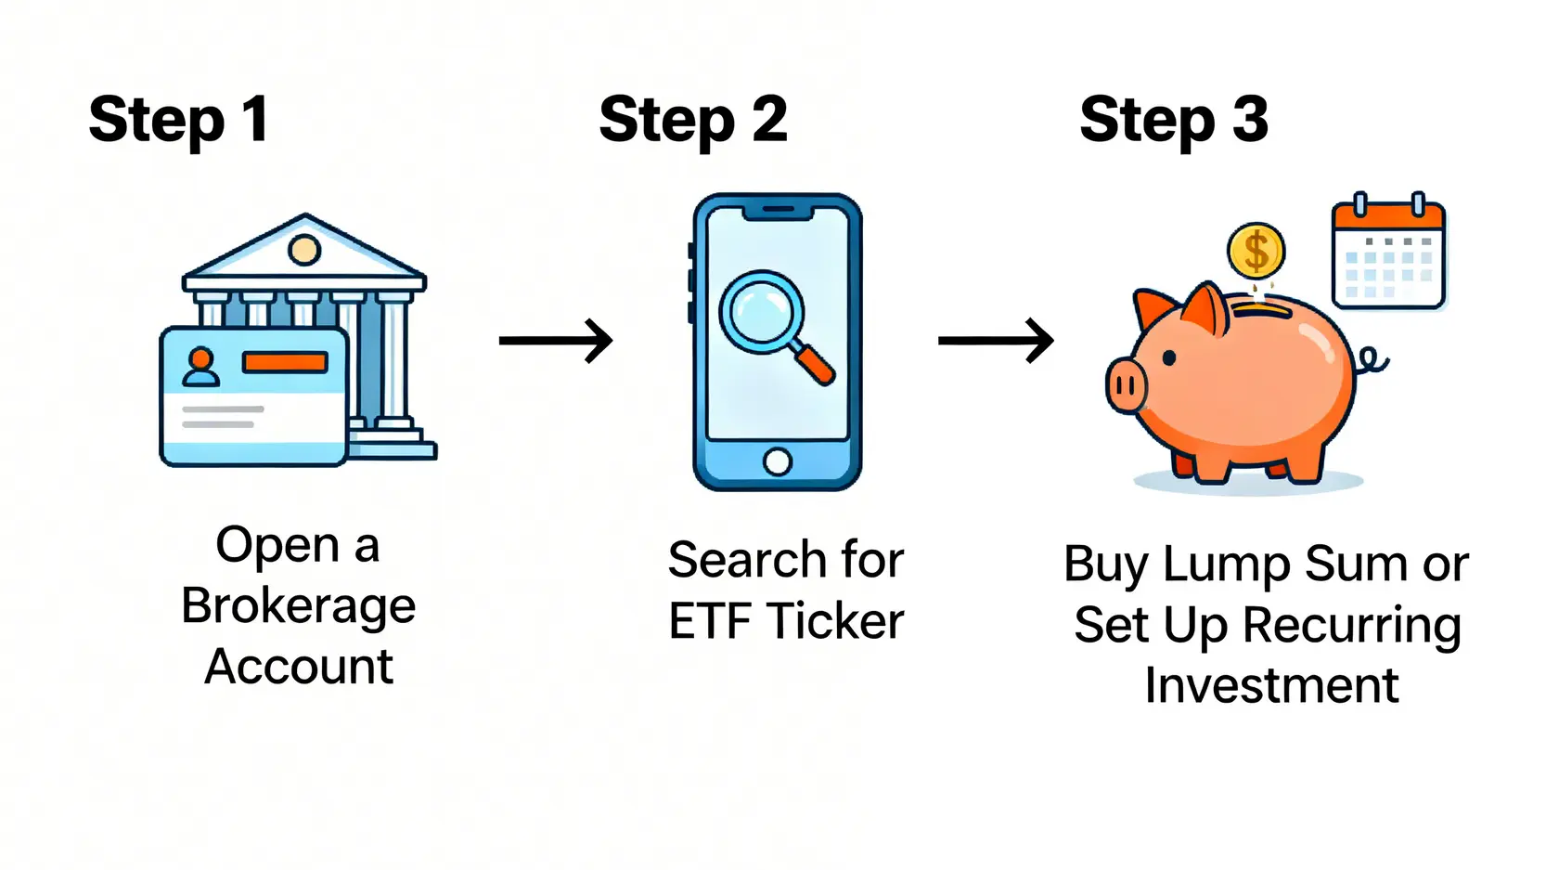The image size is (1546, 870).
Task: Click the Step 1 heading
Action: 179,120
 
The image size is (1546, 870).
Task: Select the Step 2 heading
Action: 693,120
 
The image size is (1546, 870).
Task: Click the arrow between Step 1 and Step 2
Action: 556,340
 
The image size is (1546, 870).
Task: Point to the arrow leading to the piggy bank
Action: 995,340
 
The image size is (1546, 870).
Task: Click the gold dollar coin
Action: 1256,252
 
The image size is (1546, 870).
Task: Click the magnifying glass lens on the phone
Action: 762,312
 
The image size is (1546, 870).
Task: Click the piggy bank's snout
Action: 1127,385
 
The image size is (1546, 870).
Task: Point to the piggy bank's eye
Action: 1169,357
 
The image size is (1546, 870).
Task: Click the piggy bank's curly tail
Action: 1372,360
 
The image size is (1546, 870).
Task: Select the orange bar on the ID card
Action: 284,362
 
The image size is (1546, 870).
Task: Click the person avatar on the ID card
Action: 200,368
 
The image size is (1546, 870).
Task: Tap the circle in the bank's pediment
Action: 304,249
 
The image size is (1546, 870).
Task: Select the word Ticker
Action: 835,621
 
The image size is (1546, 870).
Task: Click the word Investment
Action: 1271,685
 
